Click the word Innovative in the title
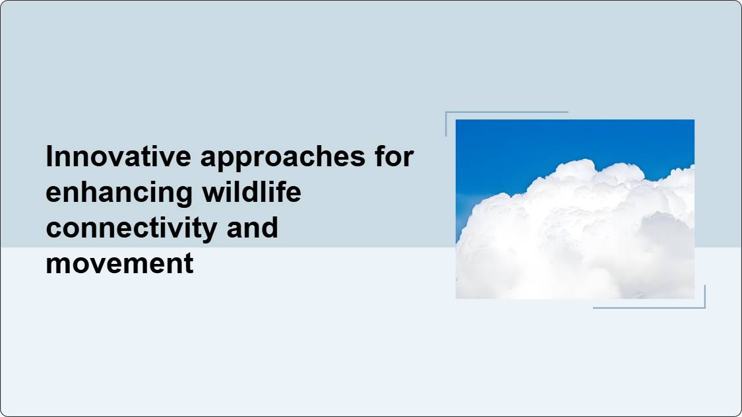tap(118, 156)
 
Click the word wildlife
tap(252, 192)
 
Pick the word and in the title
tap(252, 227)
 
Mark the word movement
tap(120, 264)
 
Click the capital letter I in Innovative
tap(49, 156)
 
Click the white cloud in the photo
tap(577, 237)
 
